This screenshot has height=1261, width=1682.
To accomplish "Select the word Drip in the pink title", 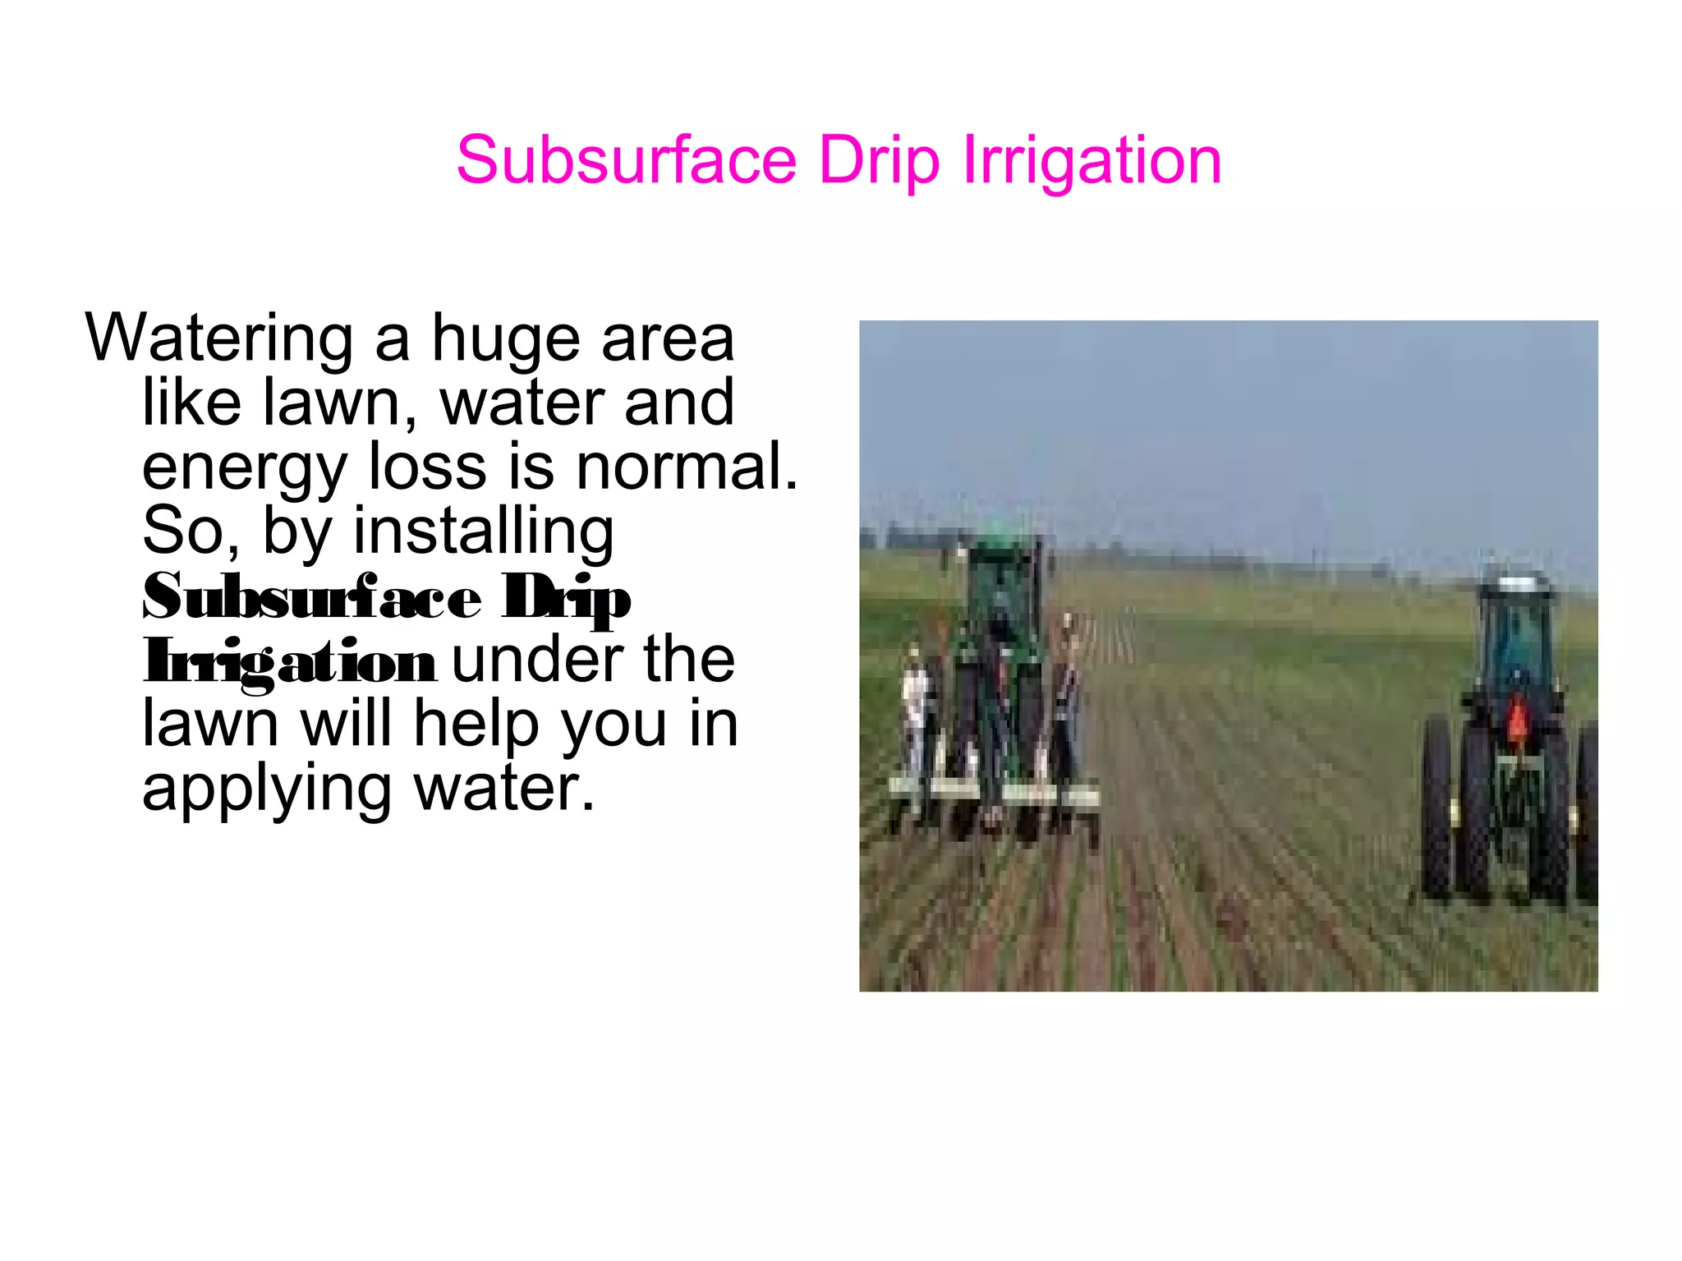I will pyautogui.click(x=879, y=161).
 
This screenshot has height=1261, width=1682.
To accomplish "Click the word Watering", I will pyautogui.click(x=218, y=339).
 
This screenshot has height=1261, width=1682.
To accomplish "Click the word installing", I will pyautogui.click(x=483, y=532).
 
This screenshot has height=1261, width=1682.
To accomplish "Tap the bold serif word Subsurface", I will pyautogui.click(x=311, y=597).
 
